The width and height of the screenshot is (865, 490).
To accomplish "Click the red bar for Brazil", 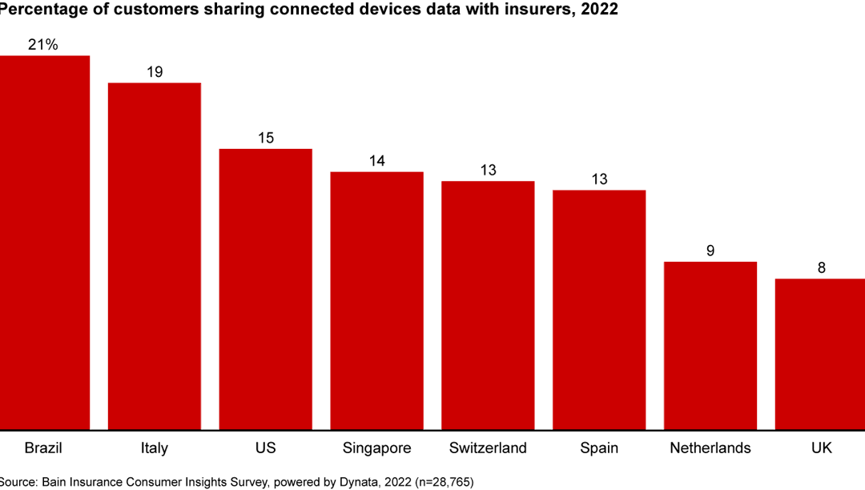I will tap(44, 240).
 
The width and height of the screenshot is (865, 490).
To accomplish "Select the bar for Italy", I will tap(155, 256).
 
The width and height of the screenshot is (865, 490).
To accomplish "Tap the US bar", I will tap(266, 288).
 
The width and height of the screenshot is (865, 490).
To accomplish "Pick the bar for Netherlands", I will tap(710, 344).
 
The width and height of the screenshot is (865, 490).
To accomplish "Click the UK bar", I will tap(821, 352).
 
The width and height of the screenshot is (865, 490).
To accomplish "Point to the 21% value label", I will tap(43, 45).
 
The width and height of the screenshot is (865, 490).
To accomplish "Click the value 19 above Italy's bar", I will tap(155, 72).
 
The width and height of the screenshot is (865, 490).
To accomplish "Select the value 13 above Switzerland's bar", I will tap(488, 170).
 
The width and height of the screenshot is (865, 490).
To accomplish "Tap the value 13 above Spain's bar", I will tap(599, 179).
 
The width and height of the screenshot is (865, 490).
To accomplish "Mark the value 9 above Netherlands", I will tap(710, 251).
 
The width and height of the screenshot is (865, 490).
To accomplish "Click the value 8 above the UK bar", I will tap(821, 268).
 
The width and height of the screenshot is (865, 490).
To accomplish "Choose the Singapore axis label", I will tap(376, 448).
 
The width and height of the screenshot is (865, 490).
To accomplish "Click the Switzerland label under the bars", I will tap(488, 448).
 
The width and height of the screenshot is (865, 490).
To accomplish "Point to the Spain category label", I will tap(599, 448).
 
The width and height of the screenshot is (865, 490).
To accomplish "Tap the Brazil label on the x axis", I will tap(43, 448).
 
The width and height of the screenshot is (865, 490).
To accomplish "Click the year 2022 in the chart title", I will tap(598, 10).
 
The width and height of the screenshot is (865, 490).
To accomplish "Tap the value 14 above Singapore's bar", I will tap(376, 161).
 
